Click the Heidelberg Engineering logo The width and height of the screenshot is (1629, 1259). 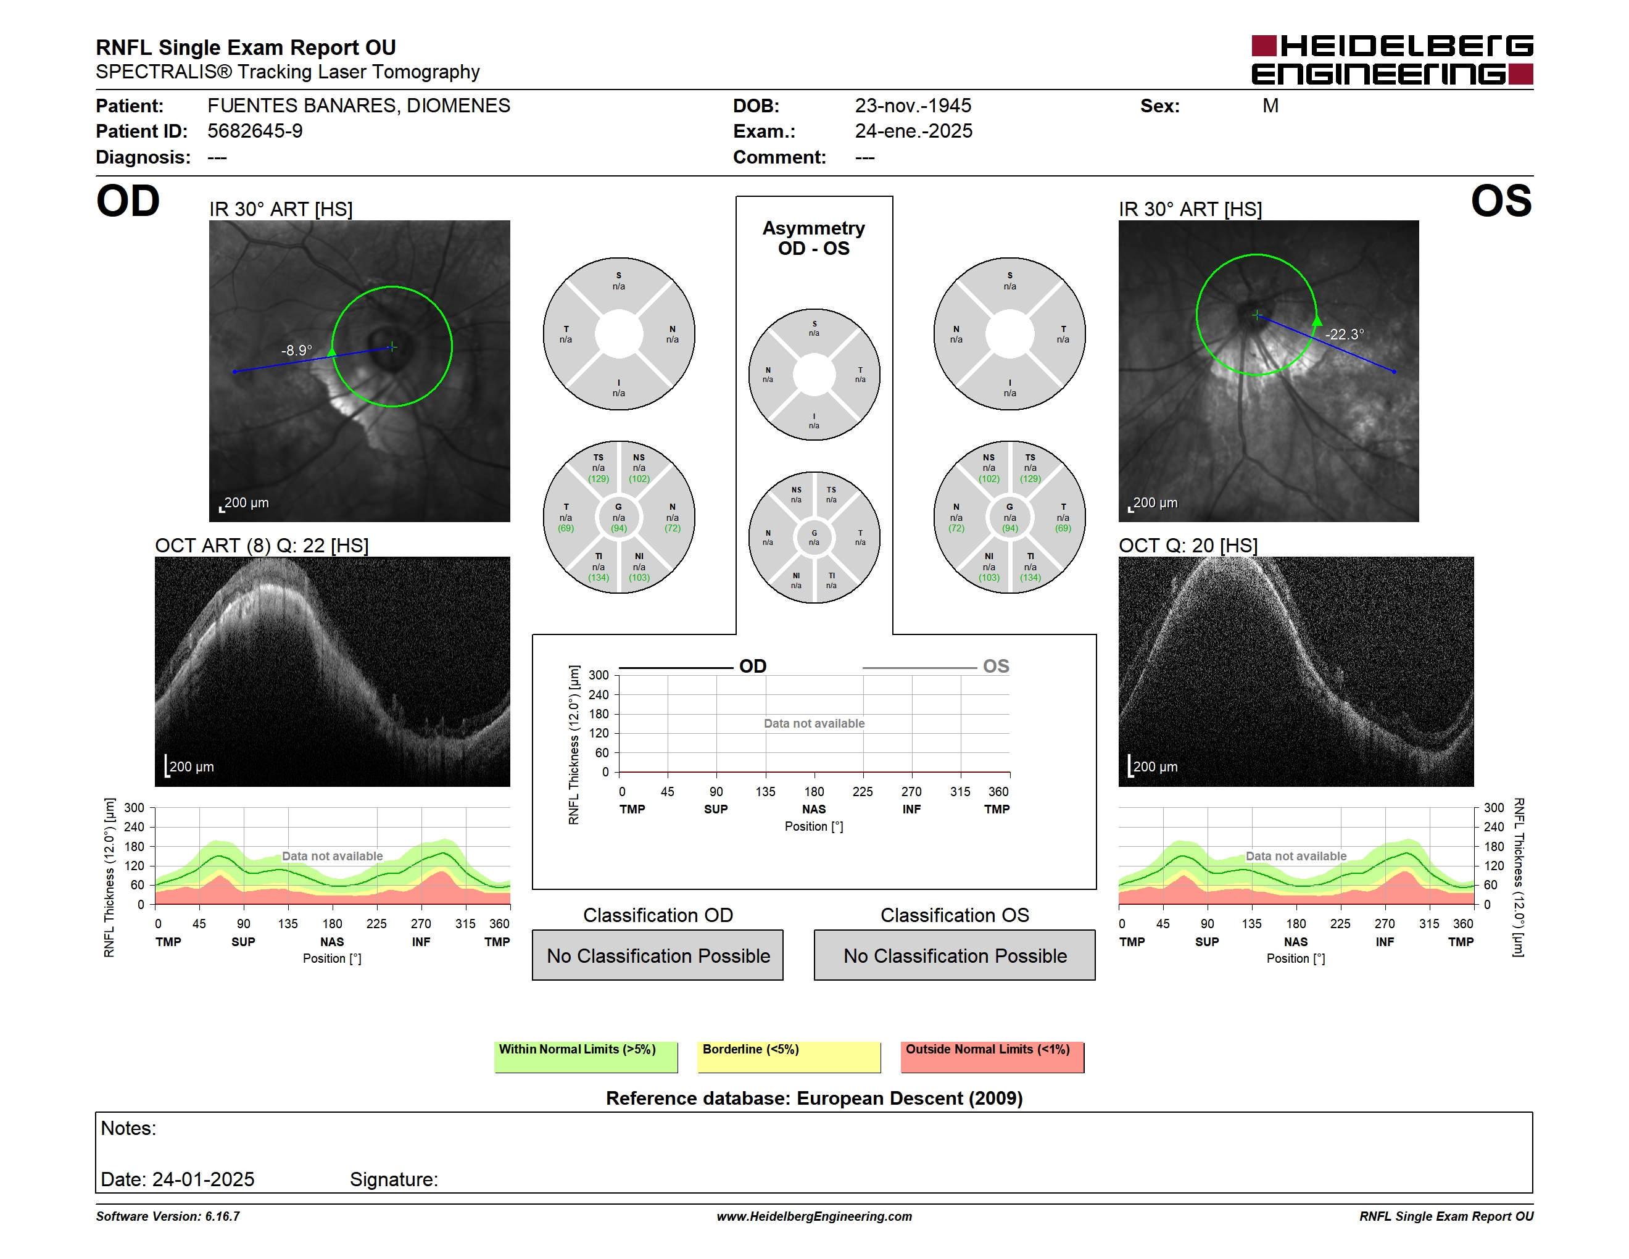click(1392, 60)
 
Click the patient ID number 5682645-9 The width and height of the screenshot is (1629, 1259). click(255, 131)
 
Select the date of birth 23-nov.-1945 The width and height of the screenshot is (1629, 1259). click(913, 106)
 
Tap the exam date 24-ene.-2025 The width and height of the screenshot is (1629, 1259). click(914, 131)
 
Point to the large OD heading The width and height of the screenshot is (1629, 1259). click(128, 201)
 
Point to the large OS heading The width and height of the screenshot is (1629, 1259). click(1501, 201)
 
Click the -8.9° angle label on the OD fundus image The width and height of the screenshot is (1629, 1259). click(297, 351)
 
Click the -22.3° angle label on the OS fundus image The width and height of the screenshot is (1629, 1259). click(1345, 334)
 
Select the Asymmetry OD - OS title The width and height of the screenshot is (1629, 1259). click(814, 238)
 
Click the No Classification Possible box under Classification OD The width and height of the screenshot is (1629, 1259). click(658, 955)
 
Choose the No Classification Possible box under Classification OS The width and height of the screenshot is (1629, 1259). click(955, 955)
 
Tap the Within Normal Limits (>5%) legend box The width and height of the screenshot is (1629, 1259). click(586, 1057)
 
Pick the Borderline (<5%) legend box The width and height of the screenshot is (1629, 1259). click(789, 1057)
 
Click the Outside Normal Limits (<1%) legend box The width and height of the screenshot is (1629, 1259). click(993, 1057)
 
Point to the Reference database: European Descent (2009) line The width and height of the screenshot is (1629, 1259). click(814, 1099)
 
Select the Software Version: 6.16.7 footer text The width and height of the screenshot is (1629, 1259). click(168, 1216)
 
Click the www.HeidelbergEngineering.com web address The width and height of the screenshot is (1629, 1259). click(814, 1216)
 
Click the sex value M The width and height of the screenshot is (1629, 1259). click(1270, 106)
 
